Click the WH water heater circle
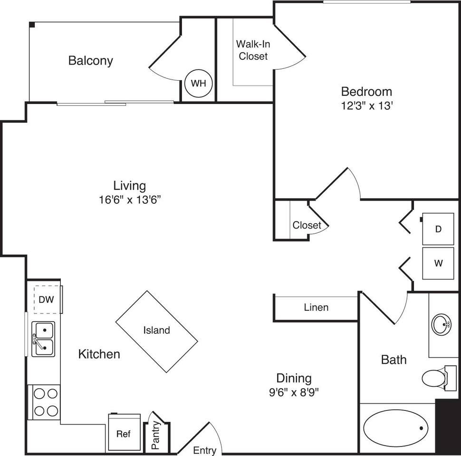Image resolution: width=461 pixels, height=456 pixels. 199,83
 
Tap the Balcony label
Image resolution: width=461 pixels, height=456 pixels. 91,61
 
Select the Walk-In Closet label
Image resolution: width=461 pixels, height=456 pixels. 253,50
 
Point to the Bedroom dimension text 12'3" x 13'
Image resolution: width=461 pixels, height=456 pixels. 366,106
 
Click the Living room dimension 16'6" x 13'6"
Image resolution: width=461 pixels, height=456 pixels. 129,200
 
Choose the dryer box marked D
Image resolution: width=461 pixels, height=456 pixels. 438,229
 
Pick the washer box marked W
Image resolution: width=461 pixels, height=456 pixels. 438,263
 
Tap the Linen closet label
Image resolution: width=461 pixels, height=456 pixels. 316,307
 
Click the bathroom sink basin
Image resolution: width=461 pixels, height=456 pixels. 442,325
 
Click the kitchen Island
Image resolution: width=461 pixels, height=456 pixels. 157,331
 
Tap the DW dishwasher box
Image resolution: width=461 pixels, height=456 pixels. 46,300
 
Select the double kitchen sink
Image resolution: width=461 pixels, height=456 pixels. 43,338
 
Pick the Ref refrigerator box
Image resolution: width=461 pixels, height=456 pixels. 124,433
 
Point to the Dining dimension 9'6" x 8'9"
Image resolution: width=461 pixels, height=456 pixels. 294,393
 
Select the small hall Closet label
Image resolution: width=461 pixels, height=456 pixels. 307,225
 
